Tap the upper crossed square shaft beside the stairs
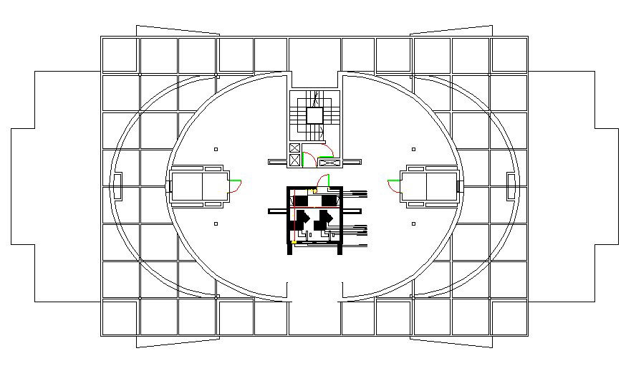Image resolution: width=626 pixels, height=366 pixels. click(294, 148)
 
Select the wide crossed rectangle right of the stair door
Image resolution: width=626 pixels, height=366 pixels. click(328, 163)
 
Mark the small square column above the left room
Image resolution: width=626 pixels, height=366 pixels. click(216, 149)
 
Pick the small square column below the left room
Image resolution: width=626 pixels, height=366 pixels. click(216, 223)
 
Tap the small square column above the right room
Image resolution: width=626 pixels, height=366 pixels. click(413, 149)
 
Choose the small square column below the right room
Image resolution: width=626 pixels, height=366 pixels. click(413, 223)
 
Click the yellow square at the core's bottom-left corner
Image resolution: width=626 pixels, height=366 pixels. click(294, 241)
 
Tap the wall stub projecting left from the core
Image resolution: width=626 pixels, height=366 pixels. click(278, 211)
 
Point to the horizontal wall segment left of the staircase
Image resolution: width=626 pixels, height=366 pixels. click(278, 163)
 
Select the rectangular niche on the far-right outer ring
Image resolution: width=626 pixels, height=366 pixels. click(511, 186)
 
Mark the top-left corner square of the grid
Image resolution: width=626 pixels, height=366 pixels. click(120, 55)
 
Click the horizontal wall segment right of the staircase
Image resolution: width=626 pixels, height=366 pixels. click(352, 163)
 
